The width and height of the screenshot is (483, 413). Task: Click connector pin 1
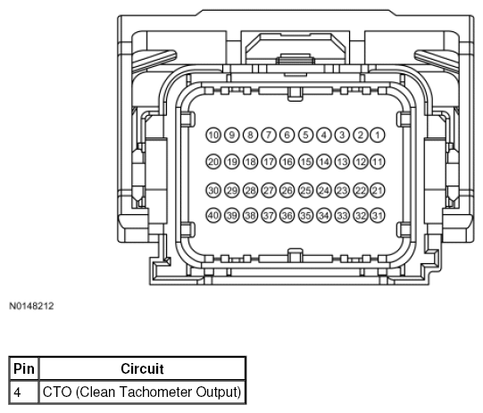click(x=378, y=135)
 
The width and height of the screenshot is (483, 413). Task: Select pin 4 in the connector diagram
click(x=324, y=135)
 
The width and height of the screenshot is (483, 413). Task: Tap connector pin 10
click(x=213, y=135)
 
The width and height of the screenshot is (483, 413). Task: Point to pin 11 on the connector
click(x=378, y=161)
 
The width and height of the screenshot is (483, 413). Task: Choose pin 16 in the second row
click(x=287, y=161)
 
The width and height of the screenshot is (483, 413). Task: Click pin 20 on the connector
click(x=213, y=161)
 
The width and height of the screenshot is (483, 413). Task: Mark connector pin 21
click(x=378, y=190)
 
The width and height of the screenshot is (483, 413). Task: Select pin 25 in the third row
click(x=305, y=190)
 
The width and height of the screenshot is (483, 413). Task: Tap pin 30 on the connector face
click(x=213, y=190)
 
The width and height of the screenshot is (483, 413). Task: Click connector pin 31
click(x=378, y=216)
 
